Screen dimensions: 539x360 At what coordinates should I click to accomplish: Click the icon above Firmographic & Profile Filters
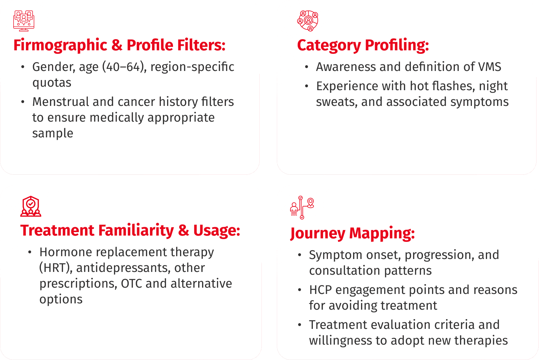(x=23, y=21)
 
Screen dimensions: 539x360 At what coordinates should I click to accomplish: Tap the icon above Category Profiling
(x=308, y=21)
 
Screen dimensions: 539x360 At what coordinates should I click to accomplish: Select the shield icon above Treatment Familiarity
(x=31, y=206)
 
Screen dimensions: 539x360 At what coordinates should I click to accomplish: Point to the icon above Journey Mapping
(x=302, y=207)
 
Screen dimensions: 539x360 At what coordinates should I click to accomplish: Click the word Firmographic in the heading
(x=60, y=45)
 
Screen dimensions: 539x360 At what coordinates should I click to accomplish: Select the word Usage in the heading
(x=217, y=230)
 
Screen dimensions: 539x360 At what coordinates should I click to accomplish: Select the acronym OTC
(x=131, y=283)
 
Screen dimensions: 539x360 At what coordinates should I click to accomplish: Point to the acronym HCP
(x=321, y=290)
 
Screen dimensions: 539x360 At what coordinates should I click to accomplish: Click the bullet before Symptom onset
(x=300, y=255)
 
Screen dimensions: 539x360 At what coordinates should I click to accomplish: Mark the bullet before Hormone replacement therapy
(x=30, y=252)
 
